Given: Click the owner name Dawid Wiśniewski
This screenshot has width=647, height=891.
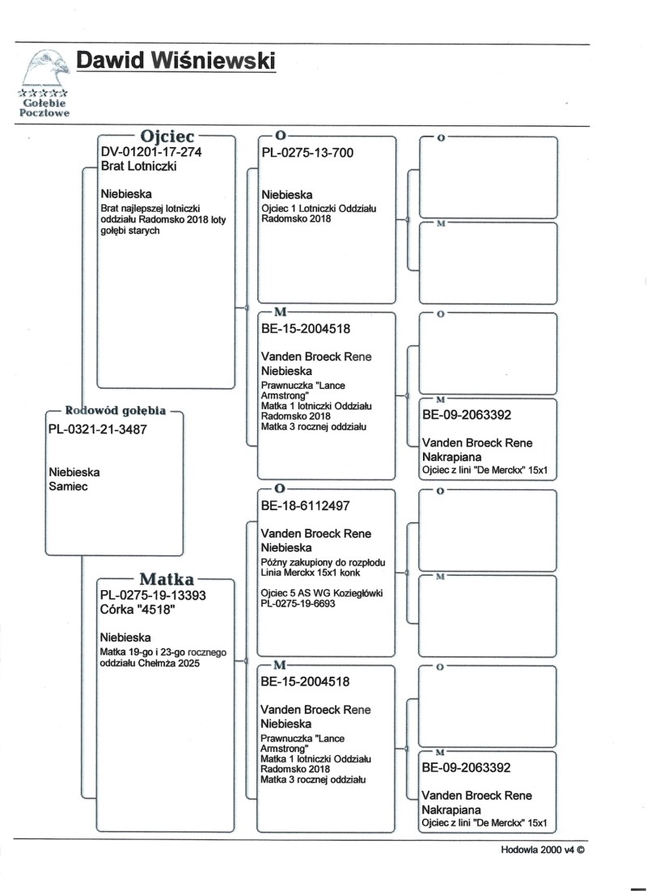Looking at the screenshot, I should (175, 61).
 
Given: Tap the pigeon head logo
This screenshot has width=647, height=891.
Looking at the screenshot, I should (45, 68).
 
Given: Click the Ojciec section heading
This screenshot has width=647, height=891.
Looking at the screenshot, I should (165, 135).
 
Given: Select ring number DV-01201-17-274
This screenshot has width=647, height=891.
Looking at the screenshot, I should (150, 152).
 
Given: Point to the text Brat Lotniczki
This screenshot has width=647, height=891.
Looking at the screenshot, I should (138, 167).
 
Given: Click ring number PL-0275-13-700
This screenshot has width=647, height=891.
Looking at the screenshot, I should (307, 153).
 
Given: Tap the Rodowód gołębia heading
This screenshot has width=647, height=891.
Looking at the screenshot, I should (116, 411).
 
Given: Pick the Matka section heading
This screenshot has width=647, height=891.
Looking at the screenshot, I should (165, 579).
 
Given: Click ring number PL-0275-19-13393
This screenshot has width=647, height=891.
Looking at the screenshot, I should (154, 596).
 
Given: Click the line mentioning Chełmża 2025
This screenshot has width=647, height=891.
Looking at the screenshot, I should (150, 664).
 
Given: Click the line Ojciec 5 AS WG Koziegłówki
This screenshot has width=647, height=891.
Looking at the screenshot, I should (321, 593).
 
